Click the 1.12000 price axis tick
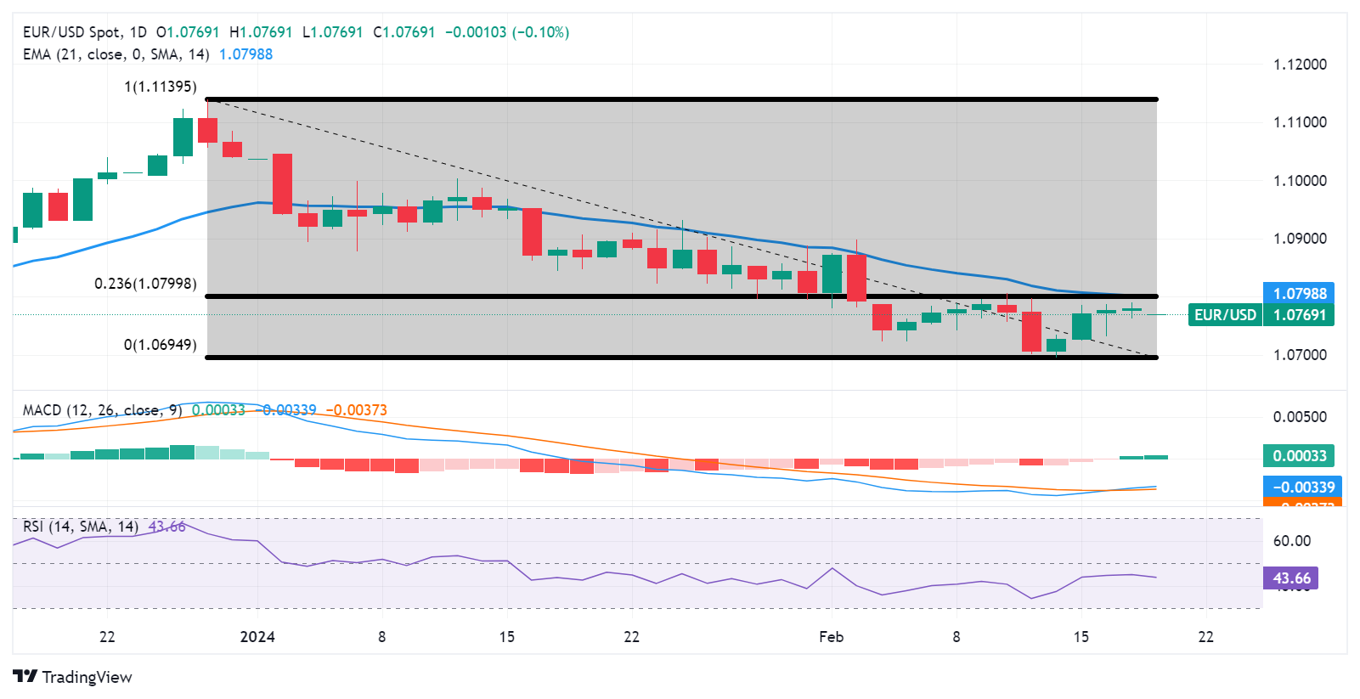tap(1299, 65)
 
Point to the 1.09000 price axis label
tap(1299, 239)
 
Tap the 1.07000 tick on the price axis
tap(1299, 355)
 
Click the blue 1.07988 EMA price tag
tap(1299, 294)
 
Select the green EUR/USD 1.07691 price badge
tap(1261, 315)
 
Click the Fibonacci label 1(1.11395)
tap(160, 87)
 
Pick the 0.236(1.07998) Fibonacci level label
tap(145, 284)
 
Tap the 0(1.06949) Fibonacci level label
tap(160, 345)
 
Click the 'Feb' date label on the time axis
tap(831, 637)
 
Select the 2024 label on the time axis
tap(257, 637)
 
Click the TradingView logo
tap(73, 677)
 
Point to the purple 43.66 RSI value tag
tap(1290, 578)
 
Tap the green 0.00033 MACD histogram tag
tap(1299, 456)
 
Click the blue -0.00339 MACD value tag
tap(1303, 488)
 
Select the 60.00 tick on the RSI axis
tap(1291, 541)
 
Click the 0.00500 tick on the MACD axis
tap(1299, 417)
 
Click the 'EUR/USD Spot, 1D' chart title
tap(84, 32)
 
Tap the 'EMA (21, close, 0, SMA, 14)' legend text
tap(116, 54)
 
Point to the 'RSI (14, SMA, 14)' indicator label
tap(81, 527)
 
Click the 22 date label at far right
tap(1205, 637)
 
